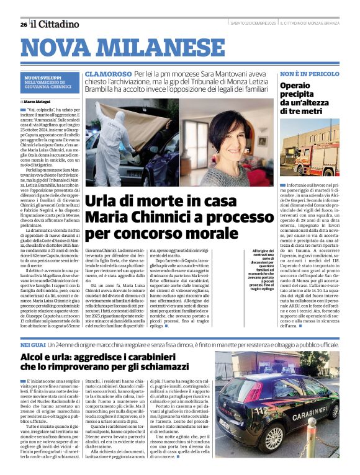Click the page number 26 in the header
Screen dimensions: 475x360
tap(23, 24)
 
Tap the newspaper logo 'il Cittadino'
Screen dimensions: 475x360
tap(56, 24)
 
